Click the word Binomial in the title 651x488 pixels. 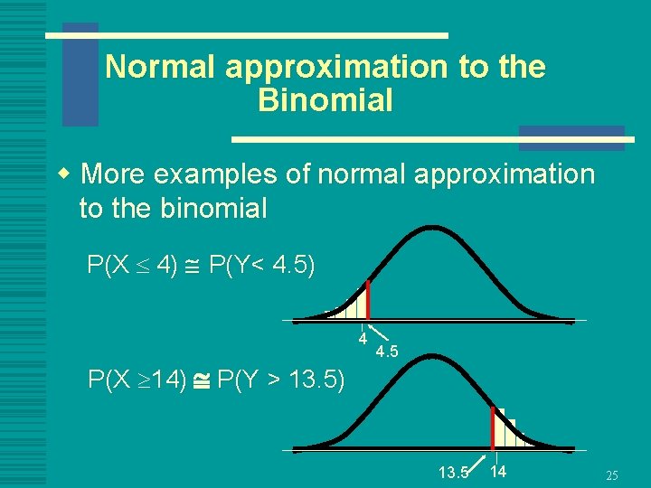(325, 100)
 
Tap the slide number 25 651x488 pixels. (612, 475)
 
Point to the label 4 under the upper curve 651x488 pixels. (362, 340)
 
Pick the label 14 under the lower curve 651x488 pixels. (499, 471)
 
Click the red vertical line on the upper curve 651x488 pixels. (368, 300)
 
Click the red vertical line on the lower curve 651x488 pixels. (493, 428)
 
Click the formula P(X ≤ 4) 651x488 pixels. (132, 266)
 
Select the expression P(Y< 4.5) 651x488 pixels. (261, 266)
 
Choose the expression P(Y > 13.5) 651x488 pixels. (281, 380)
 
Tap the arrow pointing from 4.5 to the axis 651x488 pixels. (376, 333)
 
